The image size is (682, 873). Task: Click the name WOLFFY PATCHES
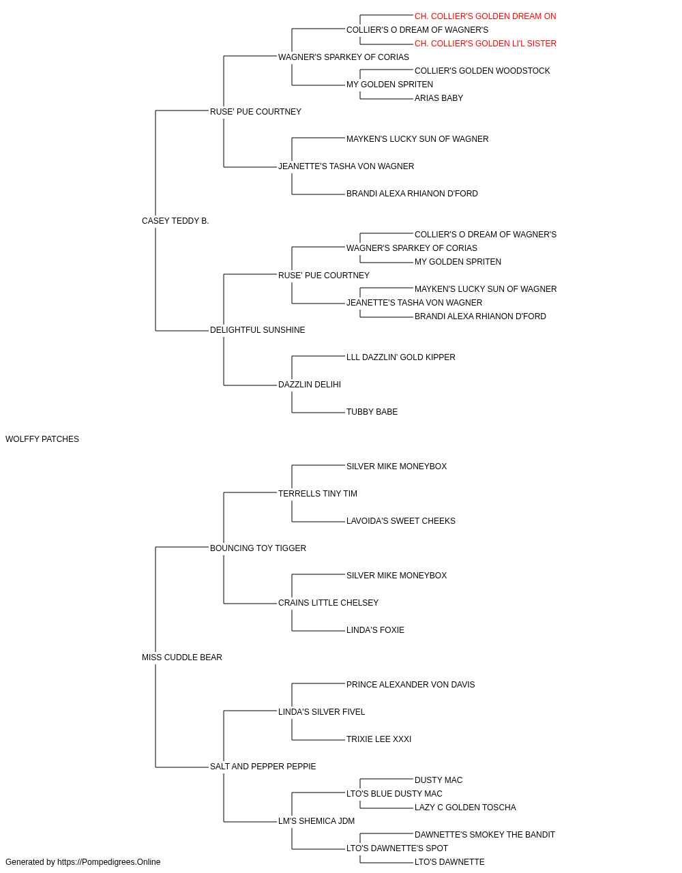(x=42, y=439)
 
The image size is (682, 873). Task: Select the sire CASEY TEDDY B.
(x=175, y=221)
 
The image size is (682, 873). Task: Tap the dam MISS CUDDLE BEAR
(x=182, y=657)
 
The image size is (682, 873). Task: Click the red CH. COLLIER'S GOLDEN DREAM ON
(x=485, y=16)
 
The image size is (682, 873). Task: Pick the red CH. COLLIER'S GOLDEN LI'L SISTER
(x=485, y=44)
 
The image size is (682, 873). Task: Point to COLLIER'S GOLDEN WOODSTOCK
(x=482, y=71)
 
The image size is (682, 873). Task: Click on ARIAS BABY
(x=439, y=98)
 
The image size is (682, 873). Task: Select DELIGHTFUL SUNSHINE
(x=258, y=330)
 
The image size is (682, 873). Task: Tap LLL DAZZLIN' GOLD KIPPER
(x=401, y=357)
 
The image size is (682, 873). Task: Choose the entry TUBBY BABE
(x=372, y=412)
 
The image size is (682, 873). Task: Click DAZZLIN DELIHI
(x=309, y=385)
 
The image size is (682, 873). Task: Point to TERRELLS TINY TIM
(x=318, y=494)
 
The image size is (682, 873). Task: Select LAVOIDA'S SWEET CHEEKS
(x=401, y=521)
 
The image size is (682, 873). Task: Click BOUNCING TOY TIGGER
(x=258, y=548)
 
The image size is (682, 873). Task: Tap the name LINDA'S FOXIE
(x=375, y=630)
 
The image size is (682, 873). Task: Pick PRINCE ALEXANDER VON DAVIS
(x=411, y=685)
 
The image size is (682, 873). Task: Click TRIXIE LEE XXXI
(x=379, y=739)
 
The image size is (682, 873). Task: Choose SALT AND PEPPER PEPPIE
(x=263, y=767)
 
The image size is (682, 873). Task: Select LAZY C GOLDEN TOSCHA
(x=465, y=808)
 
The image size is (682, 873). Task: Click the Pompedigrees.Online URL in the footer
(x=109, y=862)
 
